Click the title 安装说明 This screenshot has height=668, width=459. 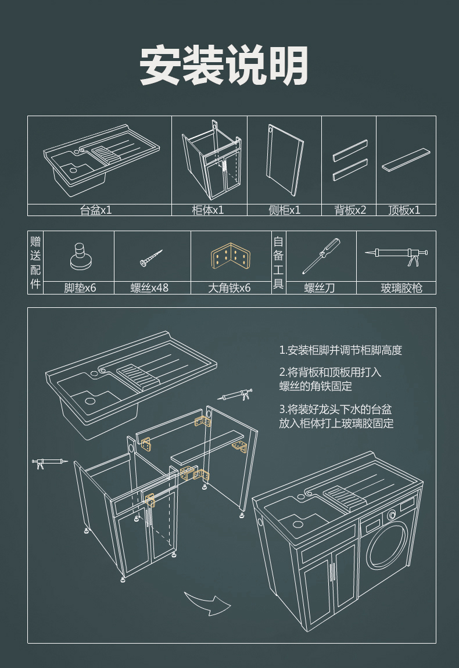(x=224, y=66)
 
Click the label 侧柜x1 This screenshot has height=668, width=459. (x=284, y=210)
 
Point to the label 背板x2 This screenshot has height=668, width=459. (x=350, y=210)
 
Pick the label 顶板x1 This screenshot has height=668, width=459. (x=404, y=210)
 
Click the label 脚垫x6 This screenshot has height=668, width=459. (x=80, y=288)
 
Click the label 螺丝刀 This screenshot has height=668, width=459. (x=320, y=288)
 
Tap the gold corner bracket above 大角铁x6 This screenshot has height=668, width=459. (x=231, y=257)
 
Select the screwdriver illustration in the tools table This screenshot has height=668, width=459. (x=321, y=256)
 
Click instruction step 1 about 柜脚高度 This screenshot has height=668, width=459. (x=340, y=350)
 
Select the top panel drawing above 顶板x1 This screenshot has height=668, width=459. (x=407, y=159)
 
